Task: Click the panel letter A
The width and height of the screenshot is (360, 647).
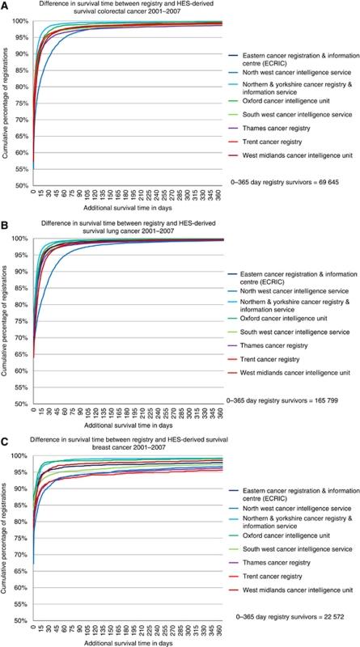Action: pyautogui.click(x=6, y=6)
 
